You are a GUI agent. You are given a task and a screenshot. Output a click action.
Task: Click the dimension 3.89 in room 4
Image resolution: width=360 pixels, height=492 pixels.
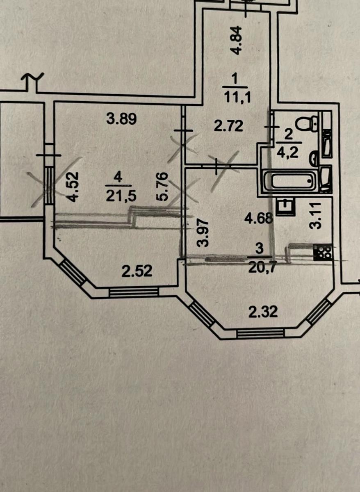click(121, 120)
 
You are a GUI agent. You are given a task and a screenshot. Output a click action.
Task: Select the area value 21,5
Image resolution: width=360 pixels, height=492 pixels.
click(121, 196)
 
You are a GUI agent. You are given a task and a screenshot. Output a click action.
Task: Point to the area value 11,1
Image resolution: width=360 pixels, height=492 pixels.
click(237, 98)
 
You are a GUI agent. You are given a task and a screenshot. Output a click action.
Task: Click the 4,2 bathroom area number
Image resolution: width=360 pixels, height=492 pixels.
click(289, 153)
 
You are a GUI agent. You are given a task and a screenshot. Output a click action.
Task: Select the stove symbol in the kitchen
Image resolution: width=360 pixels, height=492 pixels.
click(322, 253)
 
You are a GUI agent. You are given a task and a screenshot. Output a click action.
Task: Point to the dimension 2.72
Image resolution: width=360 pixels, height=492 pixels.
click(229, 127)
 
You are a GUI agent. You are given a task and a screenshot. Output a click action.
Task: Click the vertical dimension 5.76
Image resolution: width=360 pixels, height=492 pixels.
click(162, 187)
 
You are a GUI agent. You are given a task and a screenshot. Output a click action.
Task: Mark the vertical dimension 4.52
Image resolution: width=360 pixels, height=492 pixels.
click(73, 187)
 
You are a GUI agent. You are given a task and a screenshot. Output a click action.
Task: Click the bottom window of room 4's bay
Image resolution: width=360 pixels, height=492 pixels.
click(134, 292)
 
